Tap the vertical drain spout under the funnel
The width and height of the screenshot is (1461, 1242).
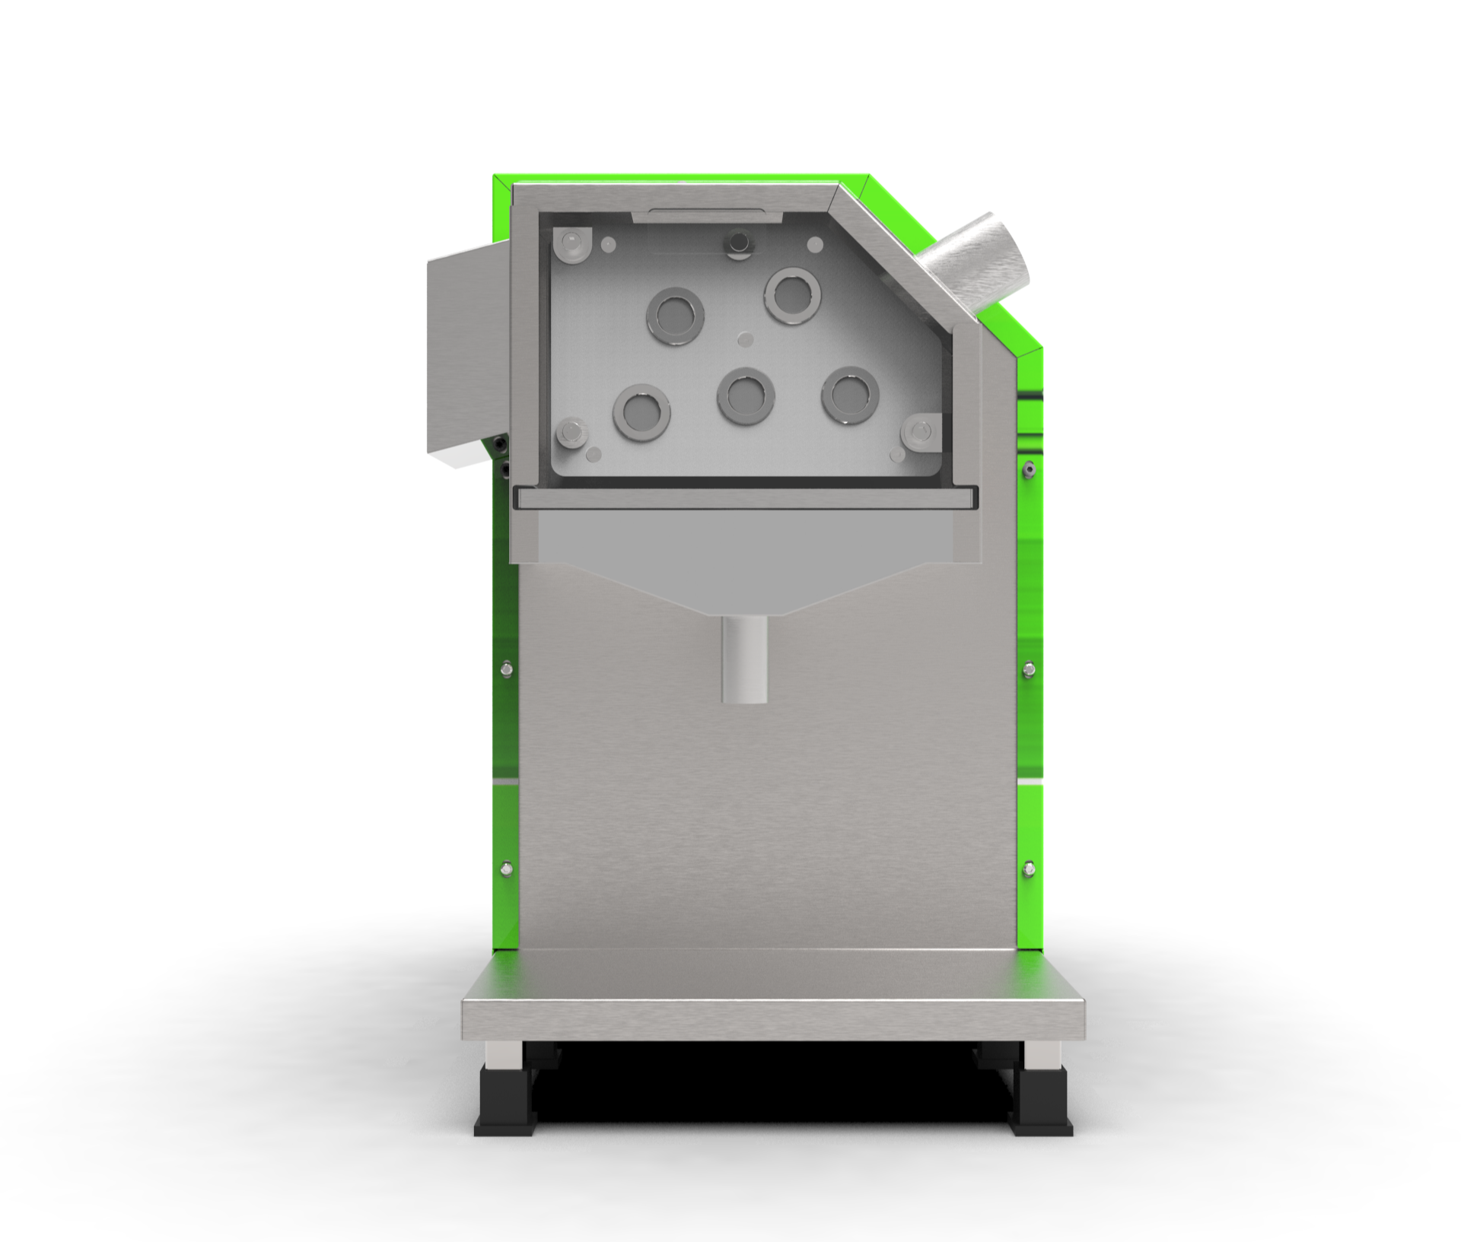[744, 659]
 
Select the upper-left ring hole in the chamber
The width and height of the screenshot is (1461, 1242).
[675, 316]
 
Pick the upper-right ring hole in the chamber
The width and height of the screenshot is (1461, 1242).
[793, 295]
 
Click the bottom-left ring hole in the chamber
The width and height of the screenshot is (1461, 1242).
[641, 413]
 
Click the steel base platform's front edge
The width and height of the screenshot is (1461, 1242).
[773, 1019]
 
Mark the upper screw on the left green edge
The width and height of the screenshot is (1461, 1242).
[507, 669]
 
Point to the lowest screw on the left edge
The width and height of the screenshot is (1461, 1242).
[507, 868]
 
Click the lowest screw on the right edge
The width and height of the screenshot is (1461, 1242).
[1029, 866]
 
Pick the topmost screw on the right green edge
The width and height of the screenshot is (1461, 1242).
[1029, 469]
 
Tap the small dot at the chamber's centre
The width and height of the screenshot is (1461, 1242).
[745, 338]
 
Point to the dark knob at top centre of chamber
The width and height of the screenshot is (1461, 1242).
[737, 244]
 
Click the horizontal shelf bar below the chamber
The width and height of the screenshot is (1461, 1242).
[744, 498]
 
